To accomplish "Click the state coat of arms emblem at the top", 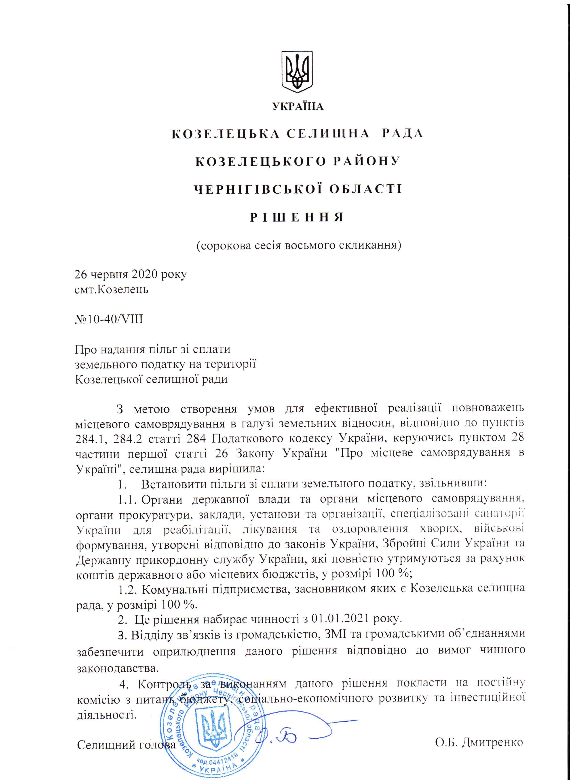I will [x=297, y=72].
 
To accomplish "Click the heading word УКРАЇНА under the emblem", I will [x=298, y=106].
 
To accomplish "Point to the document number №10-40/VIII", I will [x=109, y=319].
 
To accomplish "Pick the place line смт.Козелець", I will [x=112, y=289].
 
